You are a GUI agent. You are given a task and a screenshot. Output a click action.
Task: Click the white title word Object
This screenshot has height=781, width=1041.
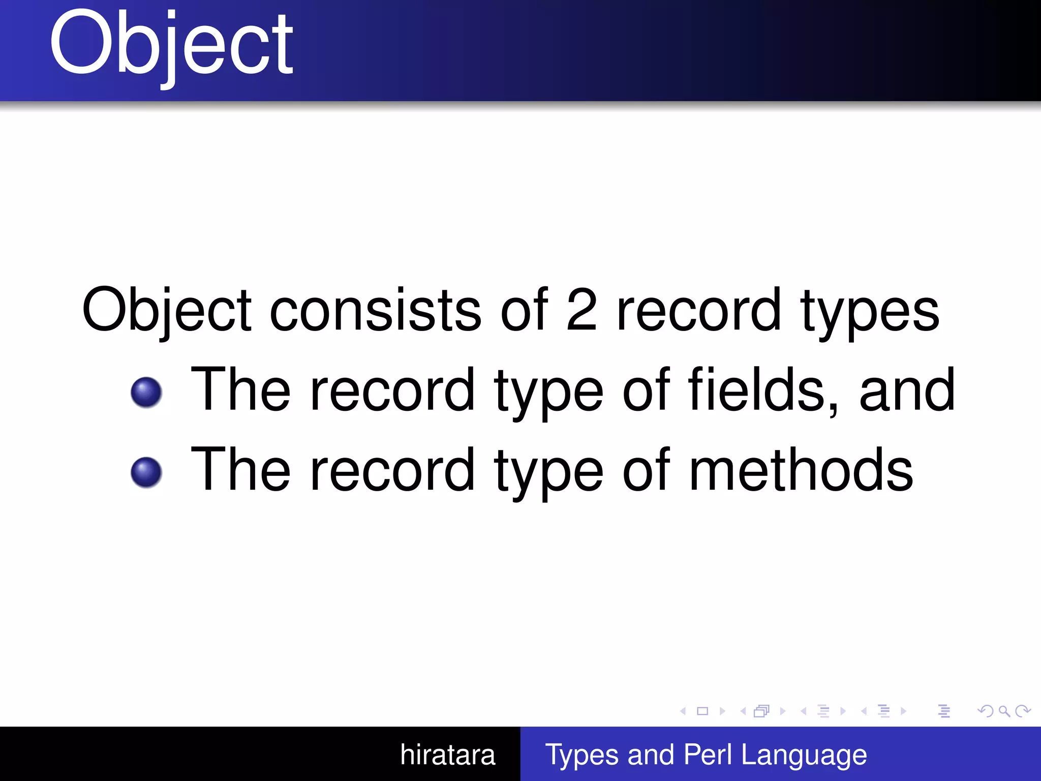point(171,46)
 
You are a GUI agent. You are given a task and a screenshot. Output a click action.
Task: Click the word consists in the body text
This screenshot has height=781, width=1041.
point(375,310)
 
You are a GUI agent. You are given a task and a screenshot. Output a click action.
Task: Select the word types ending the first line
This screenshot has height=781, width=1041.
point(870,311)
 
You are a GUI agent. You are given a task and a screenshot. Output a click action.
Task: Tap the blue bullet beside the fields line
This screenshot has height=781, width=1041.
point(146,393)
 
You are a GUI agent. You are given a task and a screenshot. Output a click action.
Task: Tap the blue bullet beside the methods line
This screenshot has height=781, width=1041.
point(146,472)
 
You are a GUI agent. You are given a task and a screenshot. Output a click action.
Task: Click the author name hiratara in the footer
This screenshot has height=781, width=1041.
point(447,755)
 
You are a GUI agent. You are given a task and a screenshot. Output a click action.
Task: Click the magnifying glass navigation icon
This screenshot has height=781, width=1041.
point(1004,711)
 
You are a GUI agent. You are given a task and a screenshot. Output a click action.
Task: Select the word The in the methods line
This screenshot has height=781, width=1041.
point(240,469)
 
